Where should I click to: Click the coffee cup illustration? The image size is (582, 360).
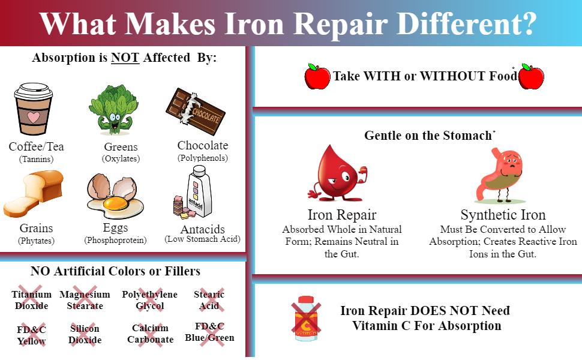coord(34,109)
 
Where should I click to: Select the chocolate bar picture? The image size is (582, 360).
coord(195,110)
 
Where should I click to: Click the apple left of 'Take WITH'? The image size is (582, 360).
coord(317,77)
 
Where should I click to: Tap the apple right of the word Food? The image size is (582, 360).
coord(531,77)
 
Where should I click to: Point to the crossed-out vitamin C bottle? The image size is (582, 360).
coord(306,318)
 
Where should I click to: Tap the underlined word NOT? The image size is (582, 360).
coord(125,58)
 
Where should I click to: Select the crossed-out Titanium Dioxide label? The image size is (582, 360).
coord(31,300)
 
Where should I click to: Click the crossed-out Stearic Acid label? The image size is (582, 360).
coord(209,300)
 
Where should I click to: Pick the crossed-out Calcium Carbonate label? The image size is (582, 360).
coord(150,334)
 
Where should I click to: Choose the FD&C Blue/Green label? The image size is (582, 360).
coord(209,332)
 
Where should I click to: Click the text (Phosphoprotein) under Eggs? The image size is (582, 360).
coord(115,240)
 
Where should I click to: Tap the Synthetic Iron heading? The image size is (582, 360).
coord(503,215)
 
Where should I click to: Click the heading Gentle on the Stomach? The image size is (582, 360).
coord(428,136)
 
